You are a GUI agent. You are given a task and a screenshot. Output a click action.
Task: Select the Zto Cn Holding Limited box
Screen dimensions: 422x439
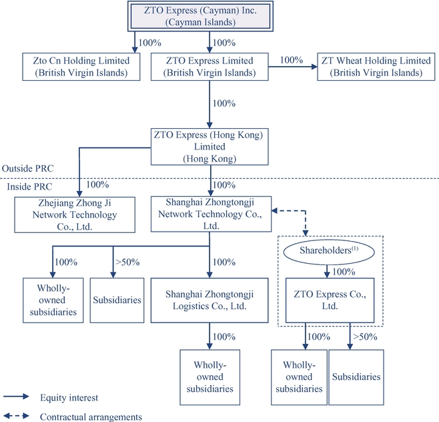(x=85, y=67)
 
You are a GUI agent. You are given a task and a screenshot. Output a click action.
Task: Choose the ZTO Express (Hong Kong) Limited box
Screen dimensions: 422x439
(x=208, y=146)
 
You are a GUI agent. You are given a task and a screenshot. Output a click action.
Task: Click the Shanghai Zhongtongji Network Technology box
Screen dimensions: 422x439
(x=211, y=214)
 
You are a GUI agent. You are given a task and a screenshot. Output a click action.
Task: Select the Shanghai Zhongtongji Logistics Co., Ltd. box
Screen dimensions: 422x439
(x=210, y=299)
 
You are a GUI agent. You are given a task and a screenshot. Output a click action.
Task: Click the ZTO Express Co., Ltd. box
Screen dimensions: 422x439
(x=327, y=299)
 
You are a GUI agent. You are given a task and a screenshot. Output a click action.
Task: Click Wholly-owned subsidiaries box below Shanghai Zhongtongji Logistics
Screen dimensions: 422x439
(x=210, y=373)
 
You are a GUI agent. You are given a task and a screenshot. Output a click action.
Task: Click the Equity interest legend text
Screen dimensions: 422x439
(x=69, y=398)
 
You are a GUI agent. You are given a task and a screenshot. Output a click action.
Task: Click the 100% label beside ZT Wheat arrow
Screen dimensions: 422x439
(x=292, y=59)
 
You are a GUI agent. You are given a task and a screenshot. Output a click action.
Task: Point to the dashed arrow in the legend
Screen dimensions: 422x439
(x=17, y=417)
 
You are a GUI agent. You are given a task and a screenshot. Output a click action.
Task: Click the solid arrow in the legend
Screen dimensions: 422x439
(x=17, y=398)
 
